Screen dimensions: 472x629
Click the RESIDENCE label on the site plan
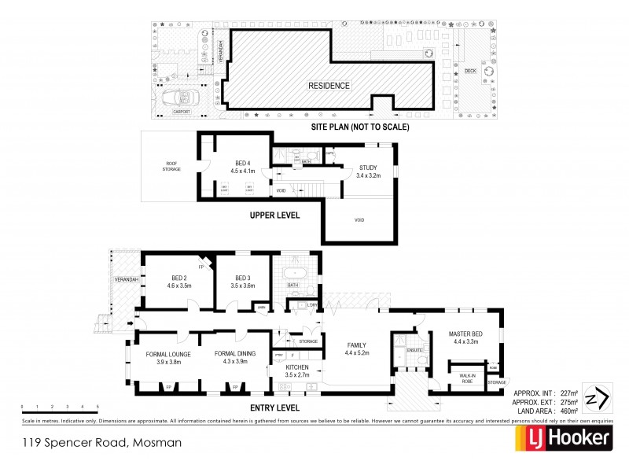329,86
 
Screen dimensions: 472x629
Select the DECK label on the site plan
470,72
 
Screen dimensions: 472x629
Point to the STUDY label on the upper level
368,168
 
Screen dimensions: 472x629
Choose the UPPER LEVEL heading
275,214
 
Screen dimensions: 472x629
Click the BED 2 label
179,278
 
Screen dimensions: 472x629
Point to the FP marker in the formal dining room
235,387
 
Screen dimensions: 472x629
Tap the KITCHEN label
296,367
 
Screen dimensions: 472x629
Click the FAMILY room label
356,345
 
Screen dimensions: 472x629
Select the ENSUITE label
415,349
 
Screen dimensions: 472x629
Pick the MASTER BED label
465,334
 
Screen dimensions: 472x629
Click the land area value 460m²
570,410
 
